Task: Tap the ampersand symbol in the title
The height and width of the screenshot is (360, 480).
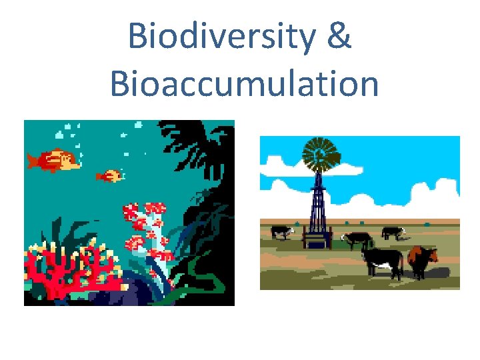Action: point(338,37)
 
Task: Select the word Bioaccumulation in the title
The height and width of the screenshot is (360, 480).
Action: point(244,85)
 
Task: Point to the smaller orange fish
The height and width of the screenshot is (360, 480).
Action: point(111,176)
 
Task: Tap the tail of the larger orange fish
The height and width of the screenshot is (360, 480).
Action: point(32,161)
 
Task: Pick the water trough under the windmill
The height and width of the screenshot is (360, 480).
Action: point(318,238)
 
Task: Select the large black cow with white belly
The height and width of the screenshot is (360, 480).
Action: point(382,261)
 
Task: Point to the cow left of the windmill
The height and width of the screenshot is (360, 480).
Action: point(281,231)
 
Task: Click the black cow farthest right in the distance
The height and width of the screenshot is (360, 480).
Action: point(393,232)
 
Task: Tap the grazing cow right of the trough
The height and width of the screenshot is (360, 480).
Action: point(358,239)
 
